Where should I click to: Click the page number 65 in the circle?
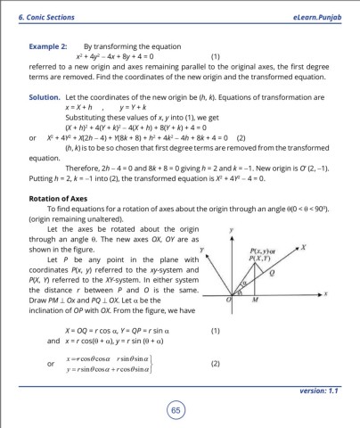180,409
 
